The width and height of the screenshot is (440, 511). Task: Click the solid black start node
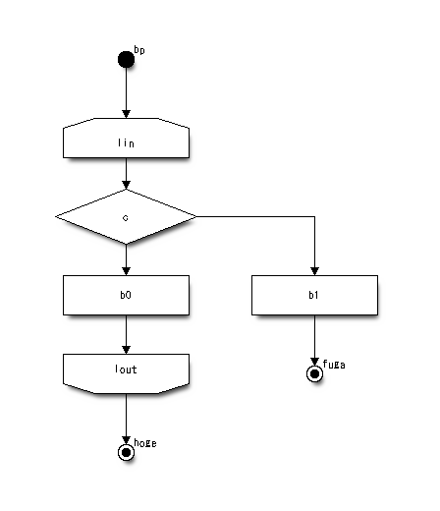(126, 59)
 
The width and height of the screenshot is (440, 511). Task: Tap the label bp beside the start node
(139, 50)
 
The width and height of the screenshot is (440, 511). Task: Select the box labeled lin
(126, 138)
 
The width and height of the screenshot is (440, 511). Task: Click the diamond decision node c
(126, 216)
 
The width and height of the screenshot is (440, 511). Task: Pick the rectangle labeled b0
(126, 295)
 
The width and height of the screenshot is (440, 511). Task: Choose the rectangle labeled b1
(314, 295)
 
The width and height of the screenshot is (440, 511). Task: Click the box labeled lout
(126, 373)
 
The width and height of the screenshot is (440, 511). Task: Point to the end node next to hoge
(126, 452)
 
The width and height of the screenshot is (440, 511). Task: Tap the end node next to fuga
(314, 373)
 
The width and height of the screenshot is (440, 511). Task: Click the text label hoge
(145, 443)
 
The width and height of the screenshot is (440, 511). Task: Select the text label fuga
(334, 365)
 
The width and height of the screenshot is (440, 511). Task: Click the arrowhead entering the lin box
(126, 114)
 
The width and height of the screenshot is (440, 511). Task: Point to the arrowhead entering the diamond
(126, 185)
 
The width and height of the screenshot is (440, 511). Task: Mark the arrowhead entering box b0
(126, 271)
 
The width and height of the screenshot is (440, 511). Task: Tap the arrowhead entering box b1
(314, 271)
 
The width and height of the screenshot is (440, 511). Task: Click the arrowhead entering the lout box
(126, 350)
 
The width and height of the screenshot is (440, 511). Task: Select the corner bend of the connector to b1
(314, 216)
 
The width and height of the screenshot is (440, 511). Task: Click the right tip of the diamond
(196, 216)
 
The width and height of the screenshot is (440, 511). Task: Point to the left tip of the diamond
(56, 216)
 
